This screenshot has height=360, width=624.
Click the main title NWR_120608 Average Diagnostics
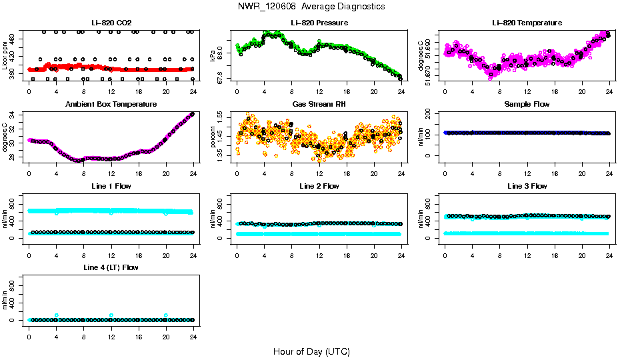[x=311, y=6]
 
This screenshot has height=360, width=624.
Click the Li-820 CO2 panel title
[x=111, y=23]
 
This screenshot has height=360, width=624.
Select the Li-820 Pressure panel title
[x=319, y=23]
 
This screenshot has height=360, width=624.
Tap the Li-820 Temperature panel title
[x=527, y=23]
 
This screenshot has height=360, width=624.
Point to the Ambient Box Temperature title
[x=111, y=104]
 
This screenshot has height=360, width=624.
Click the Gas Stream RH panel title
[x=319, y=104]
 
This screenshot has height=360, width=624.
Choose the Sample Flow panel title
[x=527, y=104]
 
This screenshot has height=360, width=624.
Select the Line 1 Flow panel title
[x=111, y=186]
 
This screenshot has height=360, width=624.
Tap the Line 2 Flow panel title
[x=319, y=186]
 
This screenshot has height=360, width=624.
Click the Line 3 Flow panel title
[x=527, y=186]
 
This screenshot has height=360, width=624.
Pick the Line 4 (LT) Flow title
[x=111, y=267]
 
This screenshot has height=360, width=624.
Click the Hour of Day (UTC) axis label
[x=311, y=351]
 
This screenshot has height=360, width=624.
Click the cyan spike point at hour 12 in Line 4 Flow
[x=111, y=315]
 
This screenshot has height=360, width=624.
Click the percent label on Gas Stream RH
[x=213, y=136]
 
